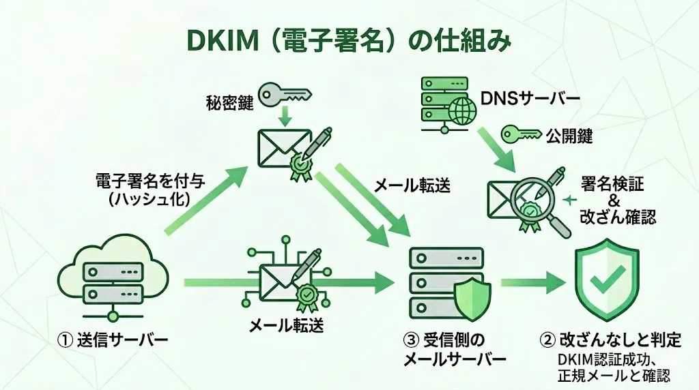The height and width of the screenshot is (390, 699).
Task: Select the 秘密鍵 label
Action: coord(229,103)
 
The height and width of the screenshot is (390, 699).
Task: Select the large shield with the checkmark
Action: coord(607,280)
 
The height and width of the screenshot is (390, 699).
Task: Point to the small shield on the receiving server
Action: coord(473,299)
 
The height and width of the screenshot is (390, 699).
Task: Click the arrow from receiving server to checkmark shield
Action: coord(528,283)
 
